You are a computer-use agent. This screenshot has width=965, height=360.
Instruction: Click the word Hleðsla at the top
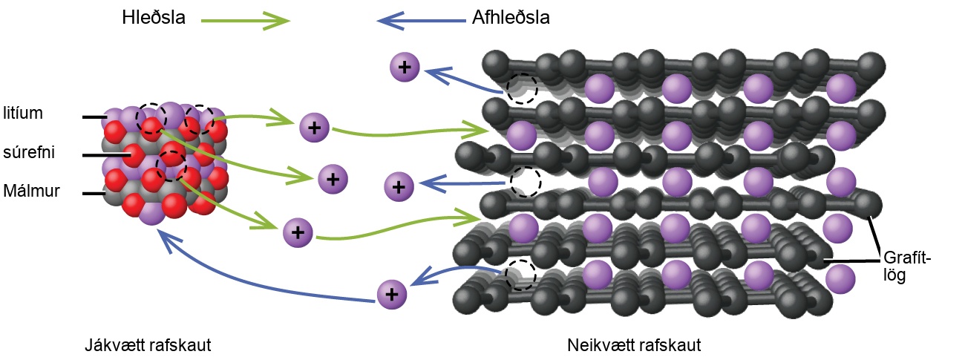[154, 18]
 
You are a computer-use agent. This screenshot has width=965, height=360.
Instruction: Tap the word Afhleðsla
[511, 18]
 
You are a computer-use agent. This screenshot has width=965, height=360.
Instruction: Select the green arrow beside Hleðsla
[246, 20]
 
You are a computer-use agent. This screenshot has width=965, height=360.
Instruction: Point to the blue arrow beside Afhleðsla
[421, 20]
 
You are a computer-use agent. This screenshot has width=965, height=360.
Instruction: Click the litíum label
[23, 113]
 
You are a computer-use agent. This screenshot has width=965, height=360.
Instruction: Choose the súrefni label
[29, 152]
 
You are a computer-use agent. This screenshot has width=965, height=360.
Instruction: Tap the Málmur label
[31, 190]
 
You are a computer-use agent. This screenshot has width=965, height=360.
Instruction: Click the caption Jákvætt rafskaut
[148, 345]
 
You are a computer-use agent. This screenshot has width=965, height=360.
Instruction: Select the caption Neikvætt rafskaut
[634, 345]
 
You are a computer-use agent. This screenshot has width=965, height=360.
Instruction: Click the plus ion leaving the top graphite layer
[405, 68]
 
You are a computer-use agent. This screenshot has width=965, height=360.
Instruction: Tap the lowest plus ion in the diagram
[392, 295]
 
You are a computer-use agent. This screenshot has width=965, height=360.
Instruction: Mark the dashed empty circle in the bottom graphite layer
[520, 275]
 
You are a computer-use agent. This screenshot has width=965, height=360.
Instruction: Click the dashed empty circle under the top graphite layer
[522, 88]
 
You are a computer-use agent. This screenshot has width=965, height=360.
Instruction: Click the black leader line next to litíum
[95, 117]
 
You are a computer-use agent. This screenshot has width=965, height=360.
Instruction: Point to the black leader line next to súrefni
[106, 155]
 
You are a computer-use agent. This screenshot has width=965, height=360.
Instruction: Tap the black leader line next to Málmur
[94, 194]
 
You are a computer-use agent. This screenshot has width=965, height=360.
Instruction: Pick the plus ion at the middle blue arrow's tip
[399, 186]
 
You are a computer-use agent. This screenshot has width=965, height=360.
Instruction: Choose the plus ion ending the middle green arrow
[333, 179]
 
